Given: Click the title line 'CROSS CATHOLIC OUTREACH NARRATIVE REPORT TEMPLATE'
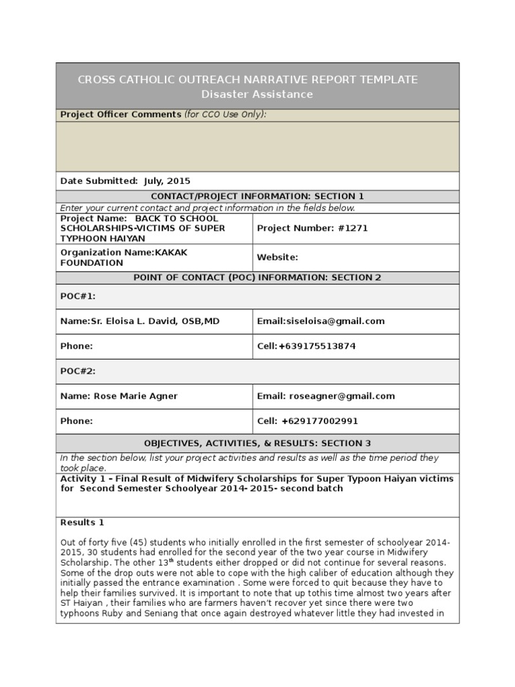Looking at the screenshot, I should click(247, 80).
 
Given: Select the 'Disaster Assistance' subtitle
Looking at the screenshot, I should click(257, 95).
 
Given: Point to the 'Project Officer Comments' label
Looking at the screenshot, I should click(121, 115).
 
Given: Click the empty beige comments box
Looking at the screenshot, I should click(257, 146).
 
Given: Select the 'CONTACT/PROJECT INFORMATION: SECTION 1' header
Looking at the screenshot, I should click(257, 197).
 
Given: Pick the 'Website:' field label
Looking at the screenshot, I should click(278, 258).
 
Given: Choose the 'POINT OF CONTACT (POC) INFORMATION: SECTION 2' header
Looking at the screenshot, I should click(257, 278).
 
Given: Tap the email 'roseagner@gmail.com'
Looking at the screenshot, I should click(341, 397).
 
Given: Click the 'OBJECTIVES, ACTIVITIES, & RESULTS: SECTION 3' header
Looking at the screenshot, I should click(257, 443).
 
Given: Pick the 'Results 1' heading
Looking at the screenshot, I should click(82, 523).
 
